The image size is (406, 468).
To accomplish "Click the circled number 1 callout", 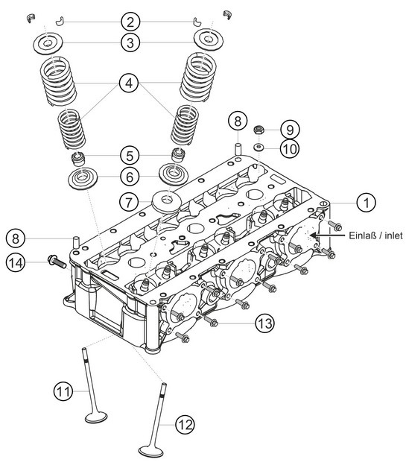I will point(366,201).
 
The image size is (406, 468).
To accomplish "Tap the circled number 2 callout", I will point(130,20).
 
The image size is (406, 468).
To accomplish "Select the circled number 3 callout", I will point(130,43).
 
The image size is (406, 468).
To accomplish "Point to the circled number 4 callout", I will point(130,85).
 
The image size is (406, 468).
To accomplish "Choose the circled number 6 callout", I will point(130,178).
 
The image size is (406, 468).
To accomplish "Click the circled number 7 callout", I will point(130,201).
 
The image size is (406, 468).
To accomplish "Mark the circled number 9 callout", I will point(291,127).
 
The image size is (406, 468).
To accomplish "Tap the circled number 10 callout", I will point(291,148).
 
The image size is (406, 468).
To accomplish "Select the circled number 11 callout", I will point(63,390).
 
